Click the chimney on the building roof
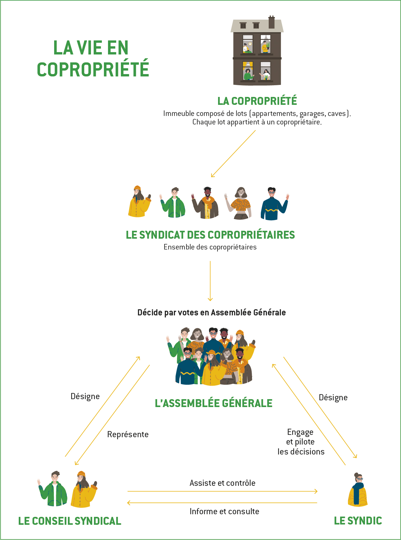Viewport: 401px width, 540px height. (x=272, y=22)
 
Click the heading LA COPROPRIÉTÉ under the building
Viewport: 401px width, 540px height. (x=257, y=101)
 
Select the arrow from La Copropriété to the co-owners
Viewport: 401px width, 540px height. (x=233, y=154)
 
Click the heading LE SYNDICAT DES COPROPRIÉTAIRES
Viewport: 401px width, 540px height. (x=210, y=235)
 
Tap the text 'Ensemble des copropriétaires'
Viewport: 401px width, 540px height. (x=210, y=247)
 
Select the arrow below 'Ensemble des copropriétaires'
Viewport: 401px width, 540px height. (x=210, y=281)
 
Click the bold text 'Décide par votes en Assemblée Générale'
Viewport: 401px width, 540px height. (x=211, y=313)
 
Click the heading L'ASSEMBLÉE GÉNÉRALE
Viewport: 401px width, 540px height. (x=213, y=403)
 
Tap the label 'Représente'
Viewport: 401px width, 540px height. (x=128, y=434)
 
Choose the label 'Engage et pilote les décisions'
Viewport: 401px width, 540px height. (x=301, y=442)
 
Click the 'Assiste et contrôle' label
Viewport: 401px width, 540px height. (x=222, y=483)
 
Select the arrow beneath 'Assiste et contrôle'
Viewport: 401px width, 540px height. (x=222, y=491)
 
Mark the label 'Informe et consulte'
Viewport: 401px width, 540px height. (x=224, y=511)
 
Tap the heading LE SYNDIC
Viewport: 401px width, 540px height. (x=358, y=521)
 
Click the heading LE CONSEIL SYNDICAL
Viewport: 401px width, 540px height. (x=70, y=521)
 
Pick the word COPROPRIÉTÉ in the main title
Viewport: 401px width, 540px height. (x=93, y=69)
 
